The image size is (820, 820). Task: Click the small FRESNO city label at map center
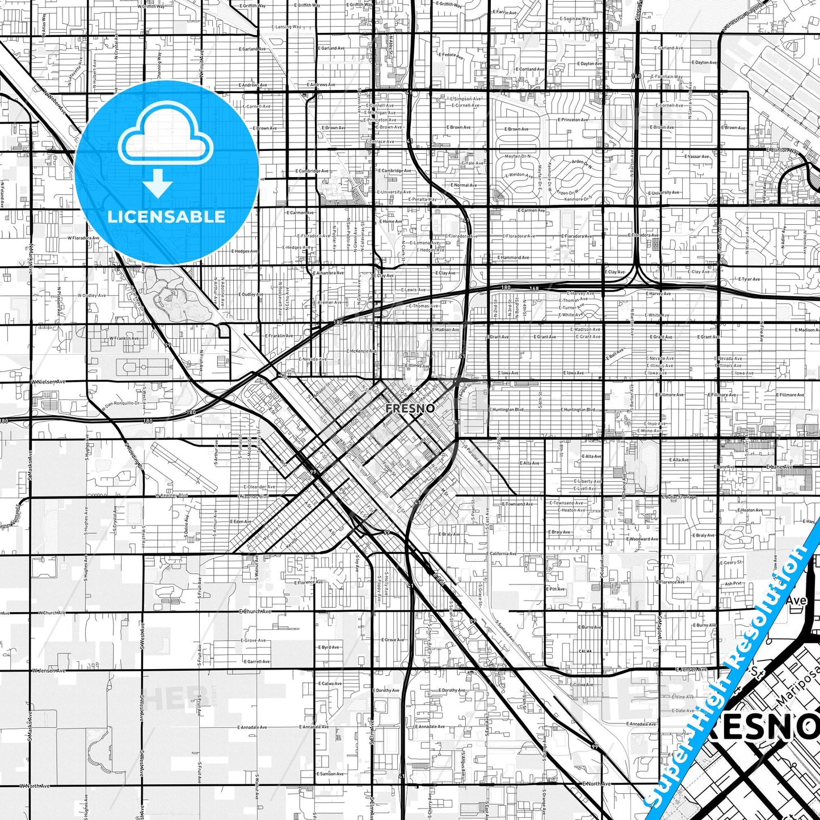point(410,408)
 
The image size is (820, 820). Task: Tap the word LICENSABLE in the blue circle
point(166,217)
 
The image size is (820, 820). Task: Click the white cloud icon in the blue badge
point(166,140)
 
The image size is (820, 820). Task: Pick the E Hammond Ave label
point(513,258)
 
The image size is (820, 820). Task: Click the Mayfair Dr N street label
point(518,156)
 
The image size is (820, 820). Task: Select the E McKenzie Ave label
point(361,351)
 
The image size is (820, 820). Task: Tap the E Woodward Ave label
point(642,539)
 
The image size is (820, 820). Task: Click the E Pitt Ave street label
point(556,589)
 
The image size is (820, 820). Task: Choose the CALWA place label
point(585,651)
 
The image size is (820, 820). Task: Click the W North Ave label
point(35,786)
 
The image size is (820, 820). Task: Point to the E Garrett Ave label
point(256,662)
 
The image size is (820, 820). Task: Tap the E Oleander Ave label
point(259,487)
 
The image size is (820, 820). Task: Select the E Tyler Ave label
point(749,279)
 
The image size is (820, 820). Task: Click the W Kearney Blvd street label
point(171,495)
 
